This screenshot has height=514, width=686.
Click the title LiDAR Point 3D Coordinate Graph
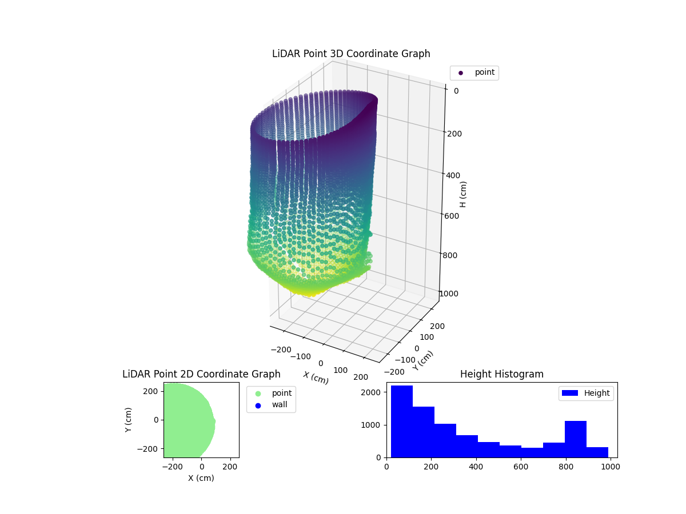click(351, 54)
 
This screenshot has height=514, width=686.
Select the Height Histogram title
click(501, 374)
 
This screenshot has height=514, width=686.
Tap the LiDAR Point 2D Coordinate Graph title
click(201, 374)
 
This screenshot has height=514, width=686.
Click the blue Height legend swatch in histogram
click(571, 393)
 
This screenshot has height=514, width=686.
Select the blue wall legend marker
click(258, 405)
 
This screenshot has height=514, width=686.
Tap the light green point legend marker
click(258, 393)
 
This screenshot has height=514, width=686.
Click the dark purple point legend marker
click(461, 73)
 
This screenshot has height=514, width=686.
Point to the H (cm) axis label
click(463, 194)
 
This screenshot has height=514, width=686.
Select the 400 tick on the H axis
click(452, 175)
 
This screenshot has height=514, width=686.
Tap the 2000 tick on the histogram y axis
click(372, 392)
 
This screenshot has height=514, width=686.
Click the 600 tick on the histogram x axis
click(521, 466)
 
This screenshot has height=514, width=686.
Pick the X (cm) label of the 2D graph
click(201, 478)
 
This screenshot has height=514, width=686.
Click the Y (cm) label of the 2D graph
click(129, 420)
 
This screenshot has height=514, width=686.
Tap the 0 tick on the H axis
click(456, 90)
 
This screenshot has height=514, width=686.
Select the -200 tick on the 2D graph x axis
click(172, 467)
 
